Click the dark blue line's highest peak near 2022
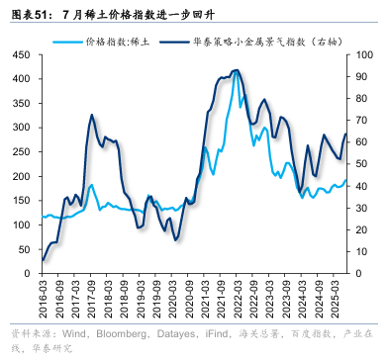click(236, 70)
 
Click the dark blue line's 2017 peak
click(91, 116)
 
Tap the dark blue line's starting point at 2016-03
click(43, 260)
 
